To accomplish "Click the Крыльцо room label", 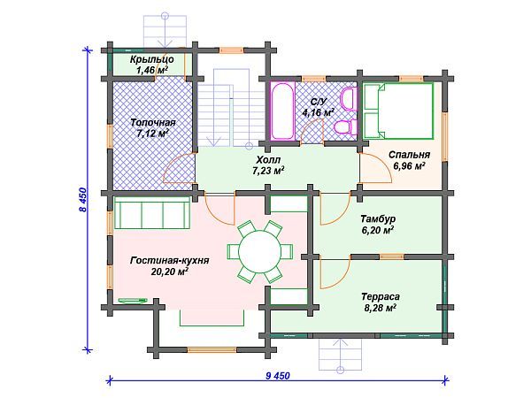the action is coord(151,59).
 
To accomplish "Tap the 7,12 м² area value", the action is coord(153,133).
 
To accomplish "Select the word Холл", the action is coord(268,160).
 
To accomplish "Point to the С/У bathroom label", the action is coord(319,101).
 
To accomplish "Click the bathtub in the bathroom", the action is coord(282,111).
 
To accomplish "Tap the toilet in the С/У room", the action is coord(345,127).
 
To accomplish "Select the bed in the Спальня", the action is coord(398,111).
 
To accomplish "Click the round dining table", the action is coord(259,251).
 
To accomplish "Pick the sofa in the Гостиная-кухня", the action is coord(152,213).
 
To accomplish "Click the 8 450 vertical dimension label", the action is coord(83,200).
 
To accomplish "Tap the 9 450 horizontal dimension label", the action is coord(278,376).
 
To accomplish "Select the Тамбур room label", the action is coord(378,219).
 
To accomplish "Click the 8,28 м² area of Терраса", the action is coord(380,308).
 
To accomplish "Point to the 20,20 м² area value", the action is coord(170,272).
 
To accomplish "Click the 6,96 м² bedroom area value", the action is coord(409,166).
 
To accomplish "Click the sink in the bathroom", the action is coord(349,99).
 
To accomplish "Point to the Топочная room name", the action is coord(153,122).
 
